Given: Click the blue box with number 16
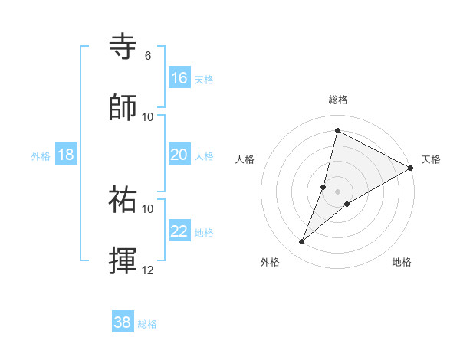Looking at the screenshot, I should coord(179,77).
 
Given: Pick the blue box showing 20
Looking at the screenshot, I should coord(179,155).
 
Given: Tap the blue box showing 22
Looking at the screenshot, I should coord(179,231).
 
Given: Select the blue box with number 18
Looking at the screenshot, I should coord(66,155).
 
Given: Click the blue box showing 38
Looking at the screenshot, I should coord(123,322).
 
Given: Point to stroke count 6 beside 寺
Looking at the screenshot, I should coord(148,55).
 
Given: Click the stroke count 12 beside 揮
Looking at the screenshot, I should coord(148,270).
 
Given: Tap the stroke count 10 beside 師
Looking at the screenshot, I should coord(148,116).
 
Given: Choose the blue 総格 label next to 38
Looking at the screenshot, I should coord(147,324).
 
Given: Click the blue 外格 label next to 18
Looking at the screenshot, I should coord(41,155).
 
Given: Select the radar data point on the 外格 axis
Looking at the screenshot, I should coord(302,242).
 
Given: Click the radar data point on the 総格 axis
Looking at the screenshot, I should coord(337,130).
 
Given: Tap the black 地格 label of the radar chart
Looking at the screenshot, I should coord(402,262).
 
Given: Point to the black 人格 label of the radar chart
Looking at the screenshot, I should coord(245,159).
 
